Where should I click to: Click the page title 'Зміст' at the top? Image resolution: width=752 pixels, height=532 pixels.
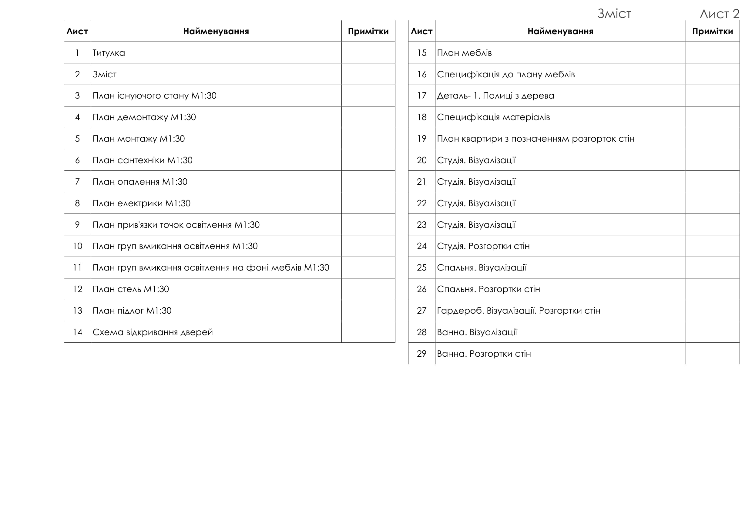tap(614, 14)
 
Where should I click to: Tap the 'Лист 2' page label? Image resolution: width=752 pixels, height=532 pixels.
tap(719, 14)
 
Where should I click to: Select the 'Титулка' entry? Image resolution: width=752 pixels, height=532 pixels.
tap(109, 53)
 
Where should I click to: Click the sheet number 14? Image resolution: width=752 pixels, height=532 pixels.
tap(77, 332)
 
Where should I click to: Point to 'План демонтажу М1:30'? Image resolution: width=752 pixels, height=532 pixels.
tap(144, 117)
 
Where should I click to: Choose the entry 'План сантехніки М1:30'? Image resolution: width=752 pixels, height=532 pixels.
tap(143, 160)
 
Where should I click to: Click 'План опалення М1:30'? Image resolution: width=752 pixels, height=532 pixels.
tap(140, 182)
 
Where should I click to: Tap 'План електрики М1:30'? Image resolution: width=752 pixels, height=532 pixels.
tap(142, 204)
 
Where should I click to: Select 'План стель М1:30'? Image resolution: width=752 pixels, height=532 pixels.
tap(131, 289)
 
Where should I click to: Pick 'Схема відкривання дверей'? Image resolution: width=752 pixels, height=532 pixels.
tap(153, 332)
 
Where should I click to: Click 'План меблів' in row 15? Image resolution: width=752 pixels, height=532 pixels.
tap(464, 53)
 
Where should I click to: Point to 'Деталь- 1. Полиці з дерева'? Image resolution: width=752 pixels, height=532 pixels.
tap(495, 96)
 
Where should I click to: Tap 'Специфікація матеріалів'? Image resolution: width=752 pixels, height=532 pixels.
tap(493, 117)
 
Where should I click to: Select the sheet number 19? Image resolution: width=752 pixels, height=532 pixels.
tap(421, 139)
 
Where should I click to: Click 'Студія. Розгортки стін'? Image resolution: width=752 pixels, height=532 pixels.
tap(483, 246)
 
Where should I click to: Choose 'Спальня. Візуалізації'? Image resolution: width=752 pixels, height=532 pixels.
tap(482, 268)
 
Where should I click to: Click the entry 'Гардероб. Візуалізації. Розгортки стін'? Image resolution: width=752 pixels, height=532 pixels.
tap(519, 311)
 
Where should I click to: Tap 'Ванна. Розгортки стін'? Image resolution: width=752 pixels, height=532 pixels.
tap(484, 354)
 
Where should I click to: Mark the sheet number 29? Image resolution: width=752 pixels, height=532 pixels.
tap(421, 354)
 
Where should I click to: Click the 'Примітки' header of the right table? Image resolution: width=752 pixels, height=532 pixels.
tap(712, 32)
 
